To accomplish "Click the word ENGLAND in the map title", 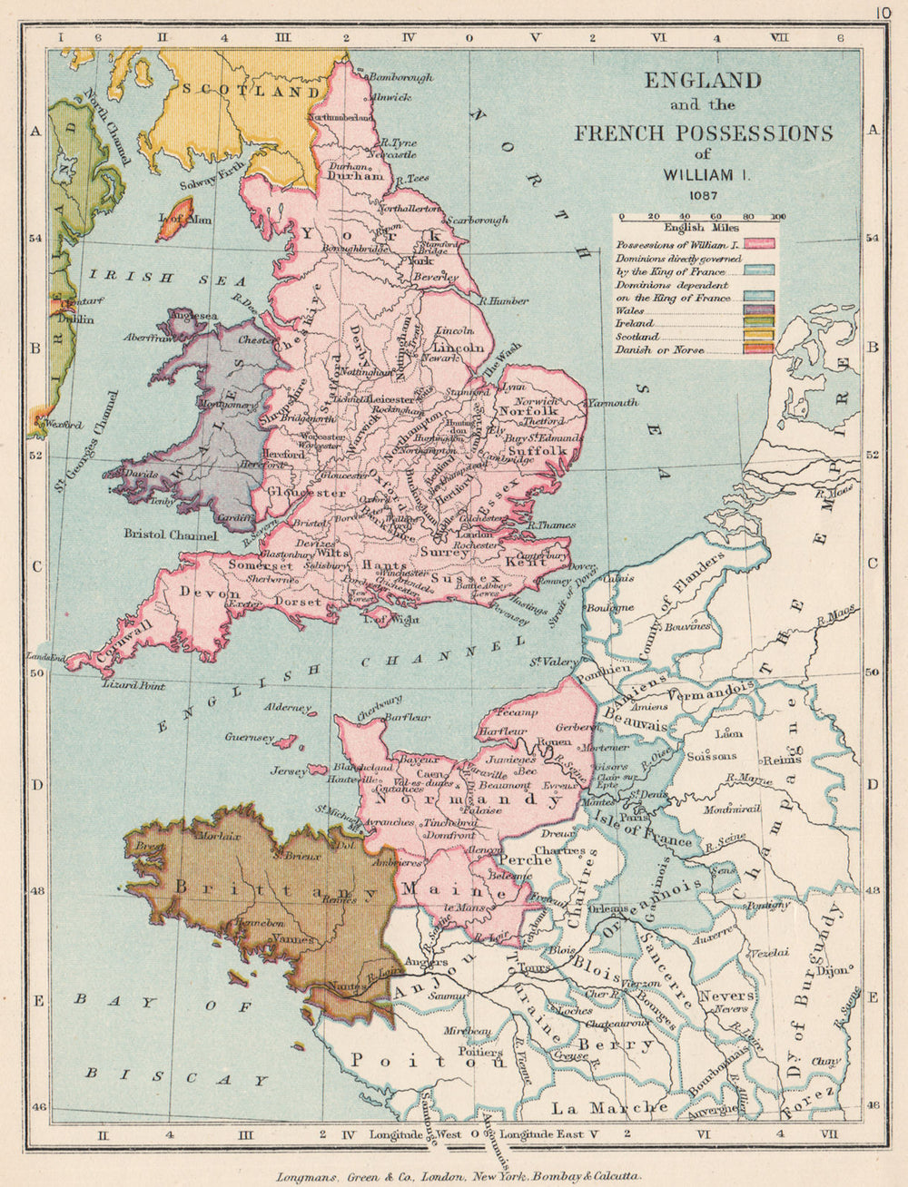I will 703,80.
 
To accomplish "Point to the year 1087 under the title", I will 704,193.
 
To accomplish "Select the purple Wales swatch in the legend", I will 761,309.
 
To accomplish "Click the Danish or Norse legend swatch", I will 761,348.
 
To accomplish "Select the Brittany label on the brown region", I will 273,890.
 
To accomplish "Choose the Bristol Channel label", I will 172,535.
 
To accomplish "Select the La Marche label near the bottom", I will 604,1108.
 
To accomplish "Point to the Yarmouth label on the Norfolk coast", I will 613,402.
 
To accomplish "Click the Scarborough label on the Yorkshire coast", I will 476,220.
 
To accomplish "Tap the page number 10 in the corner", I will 883,12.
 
